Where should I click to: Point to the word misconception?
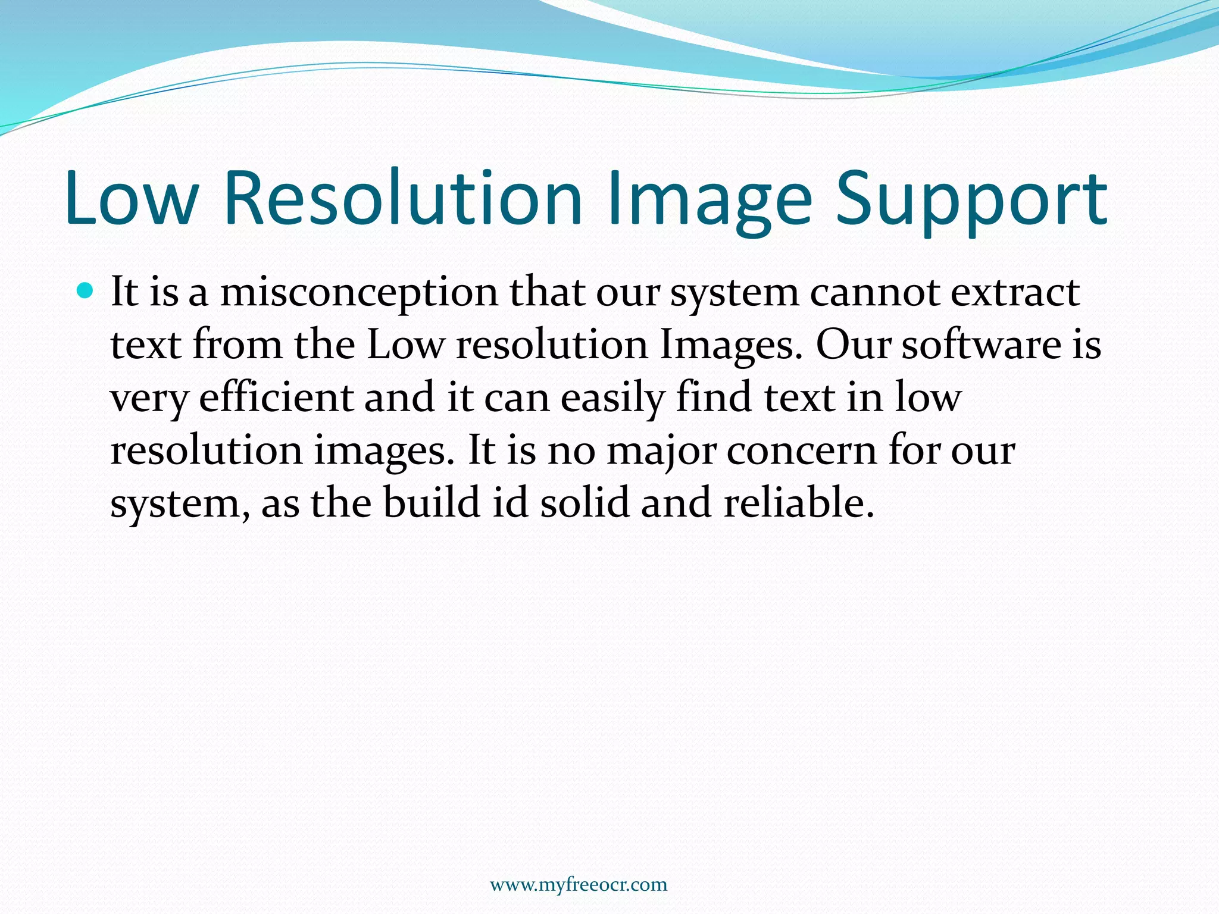[359, 293]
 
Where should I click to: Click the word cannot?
[874, 292]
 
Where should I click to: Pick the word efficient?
[276, 397]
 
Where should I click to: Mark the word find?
[714, 397]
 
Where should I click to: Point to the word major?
[661, 450]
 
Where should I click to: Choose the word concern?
[801, 450]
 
